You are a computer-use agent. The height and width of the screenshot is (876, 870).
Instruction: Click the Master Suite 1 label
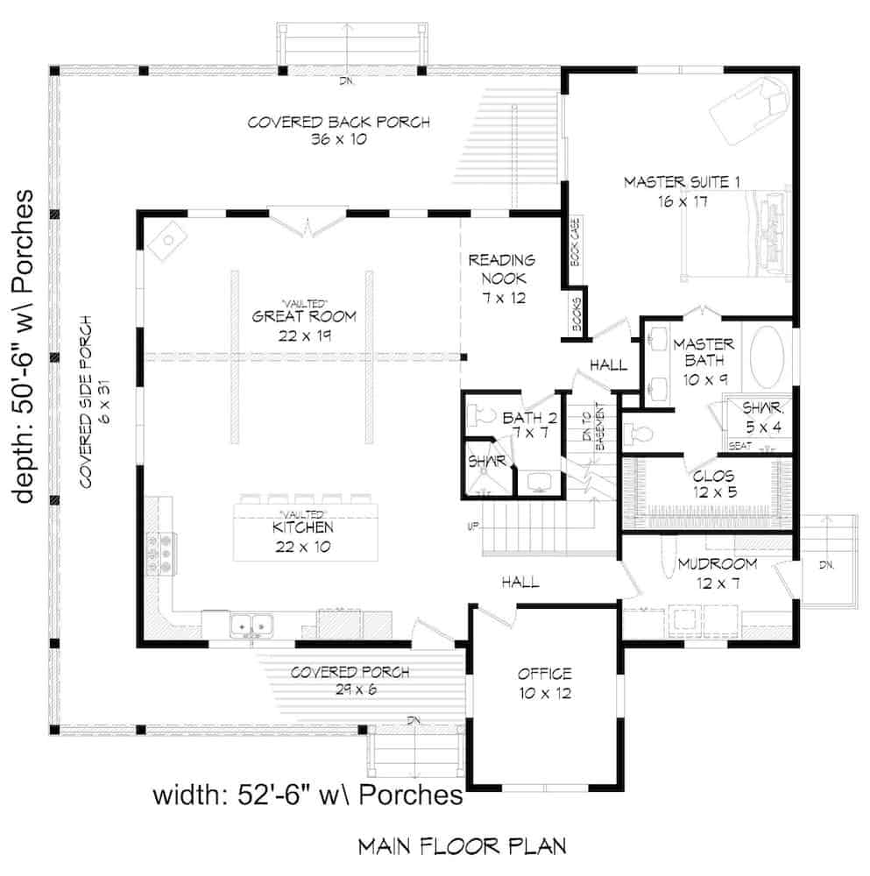coord(683,191)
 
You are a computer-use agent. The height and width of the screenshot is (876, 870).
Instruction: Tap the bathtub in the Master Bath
coord(770,358)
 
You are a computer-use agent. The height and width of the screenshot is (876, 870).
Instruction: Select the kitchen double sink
coord(251,625)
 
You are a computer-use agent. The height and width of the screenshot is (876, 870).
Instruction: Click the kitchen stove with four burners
coord(162,554)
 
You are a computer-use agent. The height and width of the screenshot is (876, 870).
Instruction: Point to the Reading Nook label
coord(501,278)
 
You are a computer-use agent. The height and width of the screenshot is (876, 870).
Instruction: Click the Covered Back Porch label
coord(338,131)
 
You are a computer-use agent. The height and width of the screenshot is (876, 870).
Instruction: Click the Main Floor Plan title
coord(462,847)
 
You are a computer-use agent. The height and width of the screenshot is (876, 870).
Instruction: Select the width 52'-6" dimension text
coord(308,795)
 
